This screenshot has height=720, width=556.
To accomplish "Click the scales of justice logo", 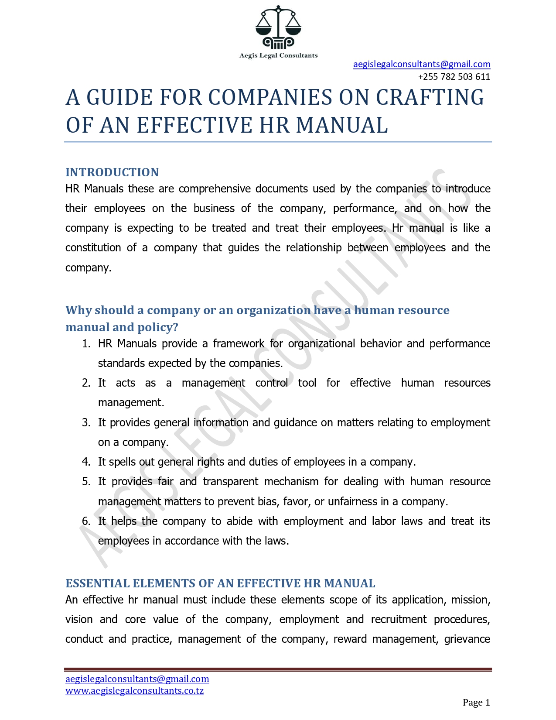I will point(278,27).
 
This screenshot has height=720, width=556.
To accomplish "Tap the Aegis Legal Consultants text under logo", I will point(278,55).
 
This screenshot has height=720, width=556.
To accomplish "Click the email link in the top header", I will point(421,64).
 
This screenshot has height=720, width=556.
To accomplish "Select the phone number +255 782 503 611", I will point(454,77).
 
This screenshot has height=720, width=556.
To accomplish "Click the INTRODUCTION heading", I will point(112,172).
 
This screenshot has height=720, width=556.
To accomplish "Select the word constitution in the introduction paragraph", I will point(93,248).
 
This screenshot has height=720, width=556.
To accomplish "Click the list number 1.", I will point(86,344).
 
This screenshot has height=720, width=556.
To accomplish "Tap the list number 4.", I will point(86,462).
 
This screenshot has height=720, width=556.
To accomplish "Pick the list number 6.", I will point(86,521).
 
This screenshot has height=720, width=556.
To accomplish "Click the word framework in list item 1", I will point(238,344).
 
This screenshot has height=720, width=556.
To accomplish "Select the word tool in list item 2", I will point(307,383).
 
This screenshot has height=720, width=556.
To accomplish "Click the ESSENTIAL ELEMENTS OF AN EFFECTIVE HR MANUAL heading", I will point(220,583).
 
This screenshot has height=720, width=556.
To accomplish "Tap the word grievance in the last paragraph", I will point(467,639).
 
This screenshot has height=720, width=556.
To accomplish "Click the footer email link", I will point(137,679).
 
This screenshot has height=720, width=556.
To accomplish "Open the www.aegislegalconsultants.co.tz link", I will point(134,691).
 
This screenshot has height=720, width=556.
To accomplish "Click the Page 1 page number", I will point(476,703).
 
